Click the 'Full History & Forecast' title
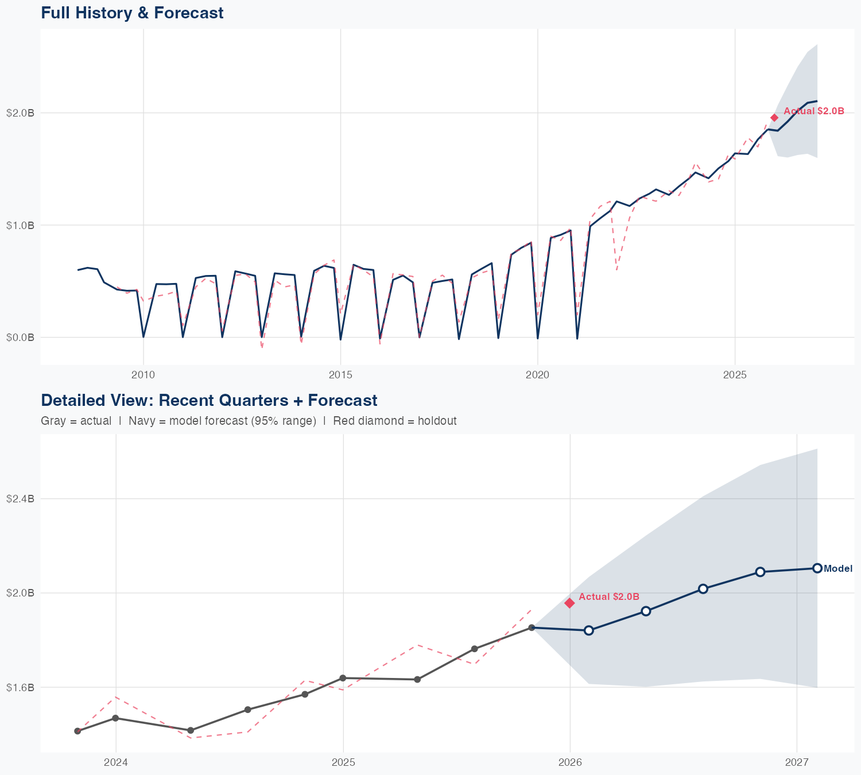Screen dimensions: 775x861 click(x=132, y=13)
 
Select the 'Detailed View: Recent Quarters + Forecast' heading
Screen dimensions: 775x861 click(x=209, y=400)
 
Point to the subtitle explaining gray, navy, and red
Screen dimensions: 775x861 click(x=249, y=421)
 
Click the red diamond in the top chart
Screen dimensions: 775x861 click(x=774, y=118)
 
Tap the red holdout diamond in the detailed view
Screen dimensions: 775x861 click(x=569, y=603)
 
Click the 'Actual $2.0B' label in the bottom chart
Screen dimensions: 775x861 click(x=608, y=597)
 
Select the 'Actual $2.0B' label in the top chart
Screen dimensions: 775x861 click(x=813, y=111)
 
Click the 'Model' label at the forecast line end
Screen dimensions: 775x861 click(x=837, y=569)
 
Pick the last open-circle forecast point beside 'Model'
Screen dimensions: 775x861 click(x=817, y=568)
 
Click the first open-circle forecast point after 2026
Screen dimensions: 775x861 click(x=588, y=630)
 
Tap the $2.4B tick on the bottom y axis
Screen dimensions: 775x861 click(x=20, y=499)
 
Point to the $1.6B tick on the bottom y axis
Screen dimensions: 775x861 click(x=20, y=687)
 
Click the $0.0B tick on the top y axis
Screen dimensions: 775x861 click(x=20, y=338)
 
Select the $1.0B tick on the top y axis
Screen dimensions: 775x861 click(x=20, y=225)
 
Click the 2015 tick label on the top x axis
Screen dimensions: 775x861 click(x=340, y=375)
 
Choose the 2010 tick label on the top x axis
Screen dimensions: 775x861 click(x=143, y=375)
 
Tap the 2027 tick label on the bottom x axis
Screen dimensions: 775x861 click(x=797, y=763)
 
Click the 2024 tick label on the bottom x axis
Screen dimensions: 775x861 click(x=116, y=763)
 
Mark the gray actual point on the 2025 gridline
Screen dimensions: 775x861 click(x=343, y=678)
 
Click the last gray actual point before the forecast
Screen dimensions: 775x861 click(x=532, y=627)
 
